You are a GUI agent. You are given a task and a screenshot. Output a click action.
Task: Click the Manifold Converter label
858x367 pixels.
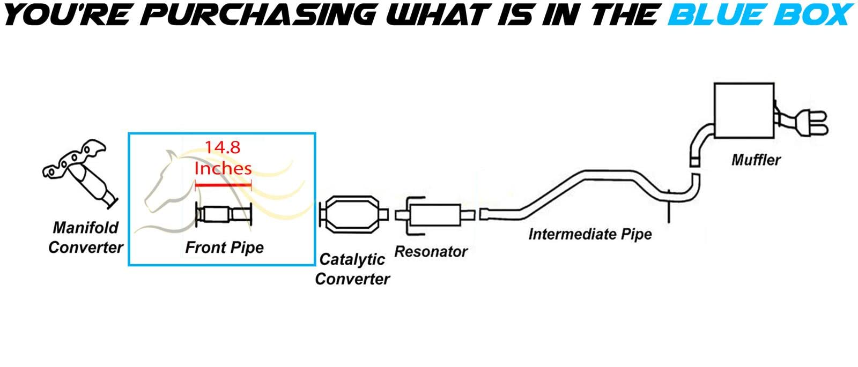(85, 238)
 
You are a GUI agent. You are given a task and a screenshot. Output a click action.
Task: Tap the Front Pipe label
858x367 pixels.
(225, 248)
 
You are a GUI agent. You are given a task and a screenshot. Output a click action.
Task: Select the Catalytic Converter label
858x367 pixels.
(352, 269)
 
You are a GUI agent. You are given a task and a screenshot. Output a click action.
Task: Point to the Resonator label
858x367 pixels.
(431, 252)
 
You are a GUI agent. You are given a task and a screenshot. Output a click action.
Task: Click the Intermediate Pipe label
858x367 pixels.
(590, 234)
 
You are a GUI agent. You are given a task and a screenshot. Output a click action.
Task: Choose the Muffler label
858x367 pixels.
(756, 160)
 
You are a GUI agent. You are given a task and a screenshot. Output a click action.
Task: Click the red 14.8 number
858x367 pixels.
(223, 147)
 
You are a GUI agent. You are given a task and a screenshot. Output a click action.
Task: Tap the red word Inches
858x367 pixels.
(223, 168)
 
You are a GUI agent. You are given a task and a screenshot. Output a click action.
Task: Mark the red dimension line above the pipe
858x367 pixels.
(223, 185)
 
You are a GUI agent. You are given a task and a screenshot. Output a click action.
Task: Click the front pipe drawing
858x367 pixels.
(224, 214)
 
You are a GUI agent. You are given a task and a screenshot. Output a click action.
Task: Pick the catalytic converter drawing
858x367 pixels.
(353, 215)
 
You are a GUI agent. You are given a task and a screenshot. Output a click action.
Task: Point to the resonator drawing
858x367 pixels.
(435, 215)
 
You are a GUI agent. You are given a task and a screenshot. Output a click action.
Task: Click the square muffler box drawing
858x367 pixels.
(744, 110)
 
